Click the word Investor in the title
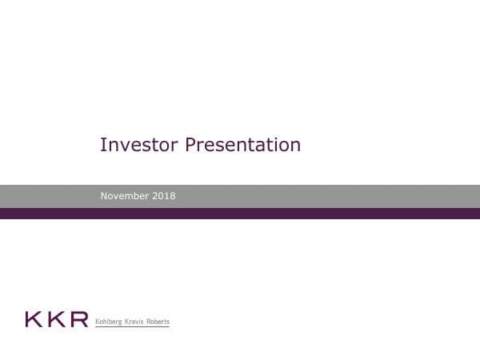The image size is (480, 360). click(139, 145)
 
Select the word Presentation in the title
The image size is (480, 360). click(242, 145)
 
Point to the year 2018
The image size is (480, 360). click(166, 196)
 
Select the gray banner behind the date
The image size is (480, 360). click(320, 196)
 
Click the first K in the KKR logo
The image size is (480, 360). click(34, 319)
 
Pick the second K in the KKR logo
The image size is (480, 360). click(56, 319)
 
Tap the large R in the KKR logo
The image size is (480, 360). click(78, 319)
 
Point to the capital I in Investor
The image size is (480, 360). click(102, 145)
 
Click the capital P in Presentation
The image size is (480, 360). click(190, 145)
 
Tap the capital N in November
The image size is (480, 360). click(104, 196)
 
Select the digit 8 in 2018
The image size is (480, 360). click(173, 196)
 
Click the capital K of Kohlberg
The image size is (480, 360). click(98, 322)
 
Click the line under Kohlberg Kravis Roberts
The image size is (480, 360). click(132, 327)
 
